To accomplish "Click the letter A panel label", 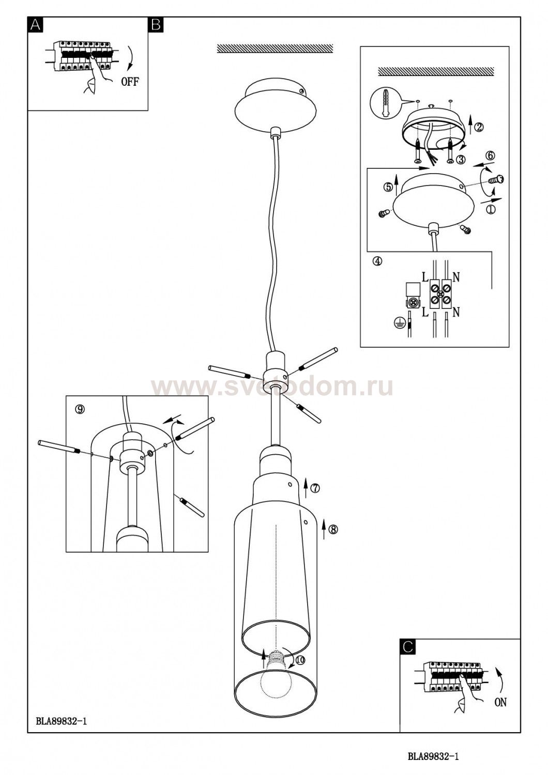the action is [35, 25].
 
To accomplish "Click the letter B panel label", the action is [156, 25].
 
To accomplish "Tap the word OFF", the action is [130, 82].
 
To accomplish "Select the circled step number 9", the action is [80, 409].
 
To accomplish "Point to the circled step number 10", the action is [300, 660].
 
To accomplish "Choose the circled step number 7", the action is [315, 488].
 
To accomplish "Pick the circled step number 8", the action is [333, 530].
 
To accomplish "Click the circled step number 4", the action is [377, 261].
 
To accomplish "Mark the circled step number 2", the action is [478, 127].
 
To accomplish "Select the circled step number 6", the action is [491, 156].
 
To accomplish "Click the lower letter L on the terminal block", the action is [424, 313].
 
